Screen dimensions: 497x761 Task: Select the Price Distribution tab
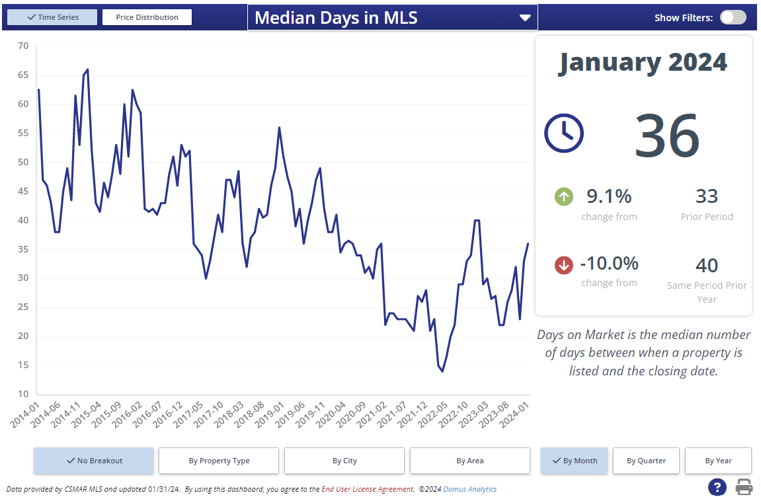tap(147, 17)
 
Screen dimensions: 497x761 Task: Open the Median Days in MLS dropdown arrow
tap(525, 18)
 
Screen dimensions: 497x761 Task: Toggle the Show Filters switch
tap(733, 18)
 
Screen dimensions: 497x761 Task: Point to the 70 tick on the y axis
tap(23, 46)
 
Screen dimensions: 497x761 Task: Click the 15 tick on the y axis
tap(23, 365)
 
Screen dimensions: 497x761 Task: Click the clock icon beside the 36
tap(563, 133)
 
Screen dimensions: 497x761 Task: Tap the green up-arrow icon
tap(563, 196)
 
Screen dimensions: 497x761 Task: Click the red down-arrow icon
tap(563, 265)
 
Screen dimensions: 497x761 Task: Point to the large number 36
tap(666, 135)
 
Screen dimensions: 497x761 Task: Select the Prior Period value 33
tap(707, 196)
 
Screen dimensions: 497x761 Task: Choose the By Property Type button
tap(219, 461)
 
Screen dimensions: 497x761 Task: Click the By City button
tap(344, 461)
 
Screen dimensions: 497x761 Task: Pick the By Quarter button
tap(646, 461)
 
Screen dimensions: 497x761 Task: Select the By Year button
tap(718, 461)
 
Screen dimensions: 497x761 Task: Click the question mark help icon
tap(717, 488)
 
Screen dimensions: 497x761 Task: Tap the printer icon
tap(744, 488)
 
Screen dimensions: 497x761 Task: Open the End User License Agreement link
tap(368, 490)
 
